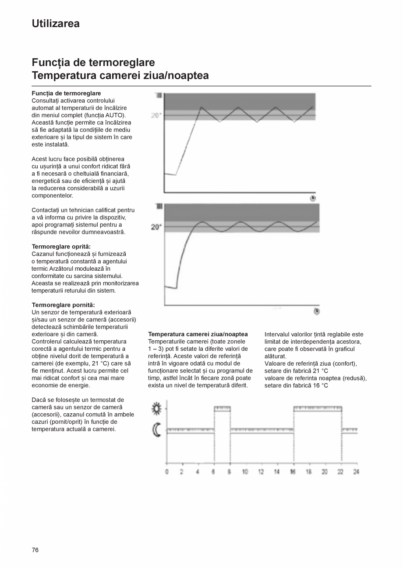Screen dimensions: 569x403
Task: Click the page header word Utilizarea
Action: pyautogui.click(x=56, y=24)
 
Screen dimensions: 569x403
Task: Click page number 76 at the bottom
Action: pyautogui.click(x=35, y=550)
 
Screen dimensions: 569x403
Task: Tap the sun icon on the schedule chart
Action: pyautogui.click(x=157, y=409)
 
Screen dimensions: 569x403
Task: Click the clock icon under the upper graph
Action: pyautogui.click(x=313, y=198)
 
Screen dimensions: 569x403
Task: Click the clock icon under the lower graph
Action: pyautogui.click(x=316, y=311)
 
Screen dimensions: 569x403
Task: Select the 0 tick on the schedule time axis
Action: pyautogui.click(x=166, y=472)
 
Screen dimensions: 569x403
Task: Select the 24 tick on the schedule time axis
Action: pyautogui.click(x=356, y=472)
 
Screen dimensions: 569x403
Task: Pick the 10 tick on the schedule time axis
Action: pyautogui.click(x=245, y=472)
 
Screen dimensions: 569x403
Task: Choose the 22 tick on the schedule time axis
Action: pyautogui.click(x=340, y=472)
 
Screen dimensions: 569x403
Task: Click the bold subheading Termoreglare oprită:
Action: pyautogui.click(x=61, y=246)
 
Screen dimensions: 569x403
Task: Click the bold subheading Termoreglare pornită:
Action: pyautogui.click(x=63, y=305)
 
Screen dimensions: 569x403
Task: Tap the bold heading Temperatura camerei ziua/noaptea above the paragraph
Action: pyautogui.click(x=198, y=334)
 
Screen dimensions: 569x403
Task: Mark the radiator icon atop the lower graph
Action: pyautogui.click(x=159, y=206)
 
